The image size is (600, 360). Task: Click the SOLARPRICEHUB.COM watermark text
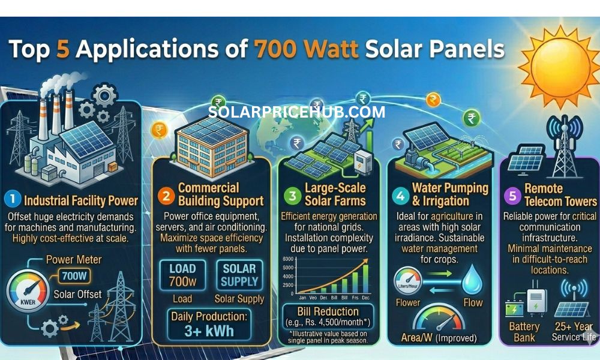297,112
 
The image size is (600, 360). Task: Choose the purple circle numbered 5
512,195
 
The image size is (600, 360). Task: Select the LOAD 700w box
182,274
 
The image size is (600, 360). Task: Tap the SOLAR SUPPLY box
239,274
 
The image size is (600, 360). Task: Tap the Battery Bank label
524,332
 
